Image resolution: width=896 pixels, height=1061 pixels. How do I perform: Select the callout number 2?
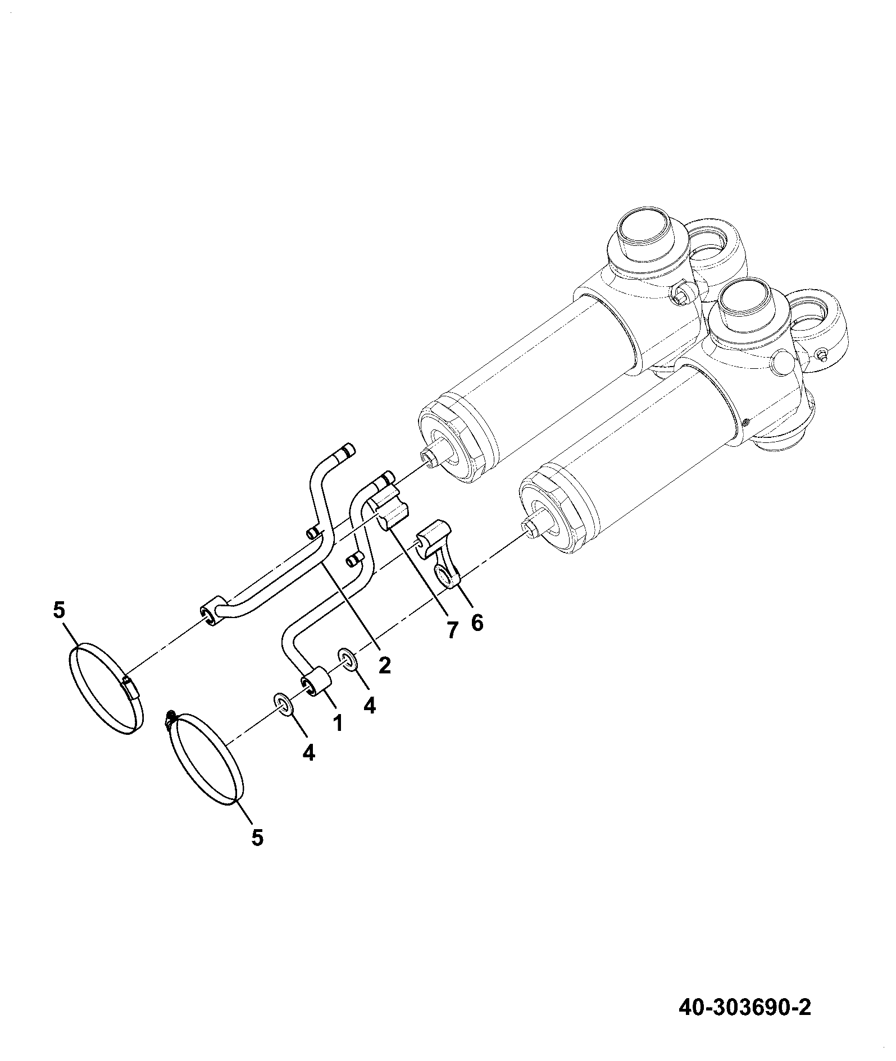pyautogui.click(x=384, y=665)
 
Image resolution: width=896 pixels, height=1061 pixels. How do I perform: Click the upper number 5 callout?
pyautogui.click(x=60, y=610)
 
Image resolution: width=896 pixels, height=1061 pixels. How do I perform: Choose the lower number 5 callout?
pyautogui.click(x=257, y=853)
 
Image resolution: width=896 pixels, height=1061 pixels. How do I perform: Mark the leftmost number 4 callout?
pyautogui.click(x=308, y=752)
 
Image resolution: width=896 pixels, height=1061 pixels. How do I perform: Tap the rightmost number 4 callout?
pyautogui.click(x=369, y=705)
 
